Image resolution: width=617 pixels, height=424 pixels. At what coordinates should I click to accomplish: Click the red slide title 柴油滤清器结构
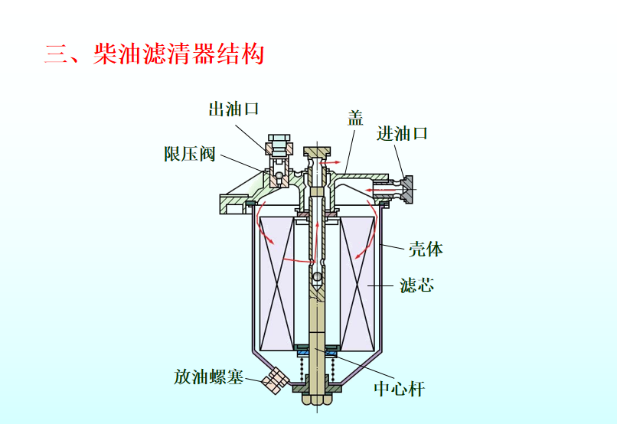pos(178,54)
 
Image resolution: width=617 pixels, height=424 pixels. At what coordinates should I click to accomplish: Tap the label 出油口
pos(233,109)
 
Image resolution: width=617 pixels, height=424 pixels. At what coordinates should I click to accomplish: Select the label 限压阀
pos(189,154)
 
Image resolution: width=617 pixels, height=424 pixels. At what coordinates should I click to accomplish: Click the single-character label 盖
pos(355,118)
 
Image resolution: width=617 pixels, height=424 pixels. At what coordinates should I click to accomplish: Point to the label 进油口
pos(402,134)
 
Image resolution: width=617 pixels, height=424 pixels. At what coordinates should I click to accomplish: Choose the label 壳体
pos(426,249)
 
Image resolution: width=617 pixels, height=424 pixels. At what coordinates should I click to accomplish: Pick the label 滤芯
pos(416,285)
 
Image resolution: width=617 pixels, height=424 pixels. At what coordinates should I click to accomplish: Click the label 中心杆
pos(399,389)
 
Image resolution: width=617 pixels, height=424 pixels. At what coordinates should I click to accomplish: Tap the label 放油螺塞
pos(208,377)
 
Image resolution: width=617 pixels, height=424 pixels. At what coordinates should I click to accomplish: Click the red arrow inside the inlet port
pos(381,191)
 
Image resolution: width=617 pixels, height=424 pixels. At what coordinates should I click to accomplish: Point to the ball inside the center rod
pos(317,277)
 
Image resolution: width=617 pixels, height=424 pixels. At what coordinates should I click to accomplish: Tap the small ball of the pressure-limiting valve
pos(279,175)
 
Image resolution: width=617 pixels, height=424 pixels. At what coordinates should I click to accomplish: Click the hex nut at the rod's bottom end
pos(317,398)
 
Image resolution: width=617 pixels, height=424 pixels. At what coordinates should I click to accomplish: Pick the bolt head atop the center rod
pos(317,152)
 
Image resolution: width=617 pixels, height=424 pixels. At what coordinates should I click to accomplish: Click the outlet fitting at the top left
pos(279,146)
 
